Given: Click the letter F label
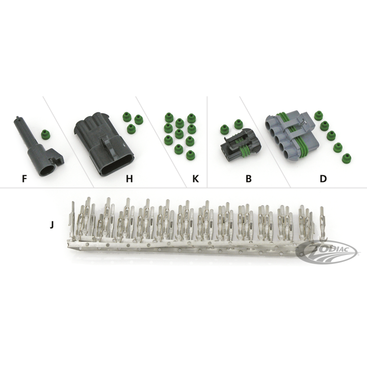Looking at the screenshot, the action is click(x=24, y=179).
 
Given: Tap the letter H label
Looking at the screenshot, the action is click(x=129, y=179).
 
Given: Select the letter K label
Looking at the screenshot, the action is click(x=195, y=179).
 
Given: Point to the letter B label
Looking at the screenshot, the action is click(x=249, y=179).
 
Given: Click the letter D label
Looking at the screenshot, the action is click(x=323, y=179).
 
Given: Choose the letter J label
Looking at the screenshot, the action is click(x=52, y=225).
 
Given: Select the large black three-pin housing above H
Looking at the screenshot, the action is click(x=104, y=144).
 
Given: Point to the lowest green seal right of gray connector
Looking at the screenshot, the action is click(x=346, y=158).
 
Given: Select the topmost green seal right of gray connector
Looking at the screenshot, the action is click(x=318, y=116).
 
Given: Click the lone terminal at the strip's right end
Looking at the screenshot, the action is click(x=322, y=222).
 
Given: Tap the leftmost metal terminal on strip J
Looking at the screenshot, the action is click(x=72, y=221).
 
